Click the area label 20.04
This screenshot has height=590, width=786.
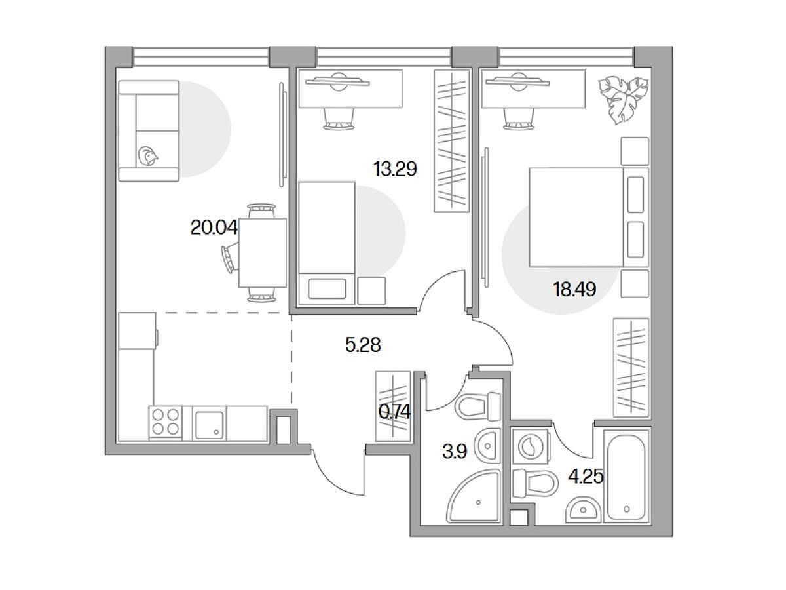click(x=214, y=227)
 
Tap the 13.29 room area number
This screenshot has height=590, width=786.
click(x=395, y=169)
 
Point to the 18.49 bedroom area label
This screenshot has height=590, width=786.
click(x=574, y=289)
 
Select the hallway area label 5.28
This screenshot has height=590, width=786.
click(x=363, y=345)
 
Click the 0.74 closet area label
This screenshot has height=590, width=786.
click(x=394, y=412)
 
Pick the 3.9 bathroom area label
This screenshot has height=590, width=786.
click(x=455, y=452)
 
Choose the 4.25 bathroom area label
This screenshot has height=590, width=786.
click(x=586, y=477)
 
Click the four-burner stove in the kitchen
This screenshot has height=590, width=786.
click(x=166, y=422)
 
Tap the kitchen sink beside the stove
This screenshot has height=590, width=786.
click(x=210, y=423)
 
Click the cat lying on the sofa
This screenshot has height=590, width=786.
click(x=148, y=156)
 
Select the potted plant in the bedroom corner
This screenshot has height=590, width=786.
click(x=622, y=100)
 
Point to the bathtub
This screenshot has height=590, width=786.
click(x=626, y=477)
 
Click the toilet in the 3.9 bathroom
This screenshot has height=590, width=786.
click(x=477, y=407)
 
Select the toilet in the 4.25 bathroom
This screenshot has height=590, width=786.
click(x=535, y=483)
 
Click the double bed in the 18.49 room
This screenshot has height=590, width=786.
click(x=589, y=218)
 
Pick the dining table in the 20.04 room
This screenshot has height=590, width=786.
click(x=263, y=253)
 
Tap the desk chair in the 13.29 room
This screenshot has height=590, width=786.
click(x=339, y=119)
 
